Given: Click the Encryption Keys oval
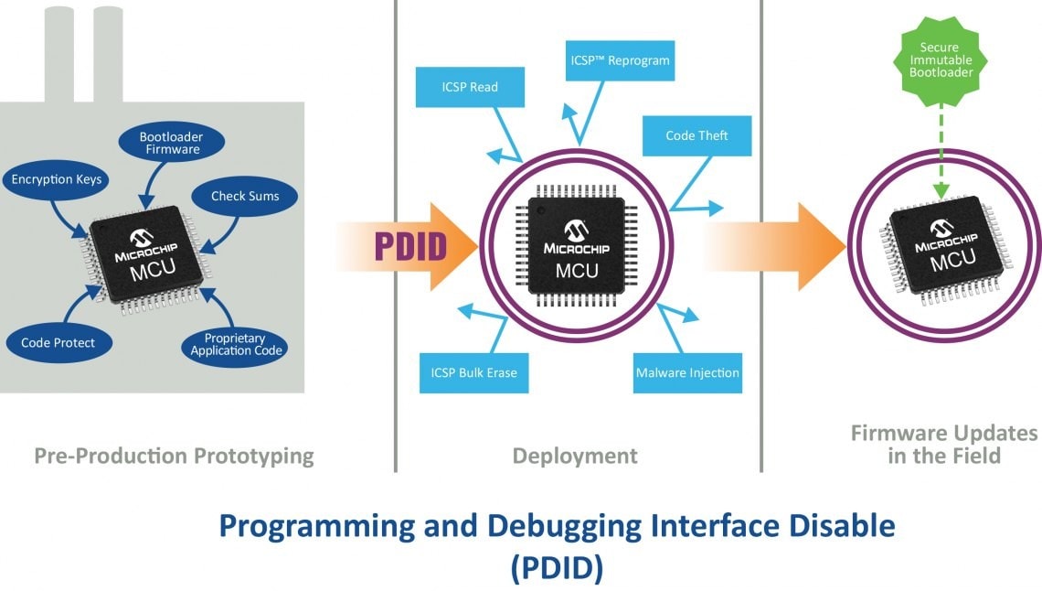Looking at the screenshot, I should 56,179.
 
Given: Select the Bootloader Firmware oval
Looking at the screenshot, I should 171,143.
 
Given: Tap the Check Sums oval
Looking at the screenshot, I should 245,196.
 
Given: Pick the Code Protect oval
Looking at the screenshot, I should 58,343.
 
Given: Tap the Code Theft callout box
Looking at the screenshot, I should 696,135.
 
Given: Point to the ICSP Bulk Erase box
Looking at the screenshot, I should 473,373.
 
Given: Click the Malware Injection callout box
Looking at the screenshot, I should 687,373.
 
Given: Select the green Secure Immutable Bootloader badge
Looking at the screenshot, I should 940,59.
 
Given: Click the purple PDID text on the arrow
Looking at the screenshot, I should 409,247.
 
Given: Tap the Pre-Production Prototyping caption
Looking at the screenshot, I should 174,456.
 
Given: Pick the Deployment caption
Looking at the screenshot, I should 575,456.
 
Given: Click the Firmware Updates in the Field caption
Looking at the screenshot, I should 944,444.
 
